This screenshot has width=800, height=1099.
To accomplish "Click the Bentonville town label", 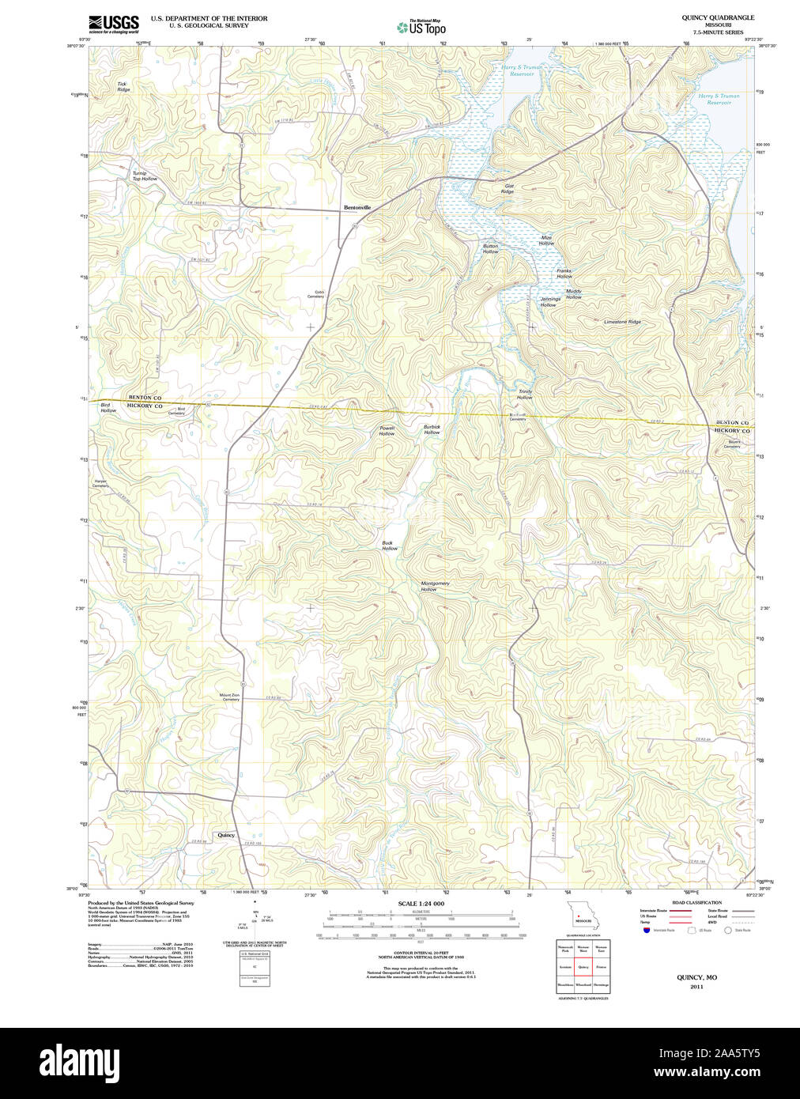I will [x=357, y=208].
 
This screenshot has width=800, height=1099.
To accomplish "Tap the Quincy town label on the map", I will [x=226, y=835].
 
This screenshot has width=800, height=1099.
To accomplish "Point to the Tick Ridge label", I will [x=123, y=87].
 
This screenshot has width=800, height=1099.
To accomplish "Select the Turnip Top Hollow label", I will [x=144, y=176].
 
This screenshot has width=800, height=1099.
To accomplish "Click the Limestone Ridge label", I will [x=622, y=322].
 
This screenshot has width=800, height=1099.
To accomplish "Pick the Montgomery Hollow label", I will [x=434, y=586].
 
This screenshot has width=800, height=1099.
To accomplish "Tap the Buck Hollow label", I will [x=389, y=546].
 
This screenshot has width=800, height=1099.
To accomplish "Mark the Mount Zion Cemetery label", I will [x=229, y=697].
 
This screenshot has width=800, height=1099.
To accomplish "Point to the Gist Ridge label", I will [x=508, y=189].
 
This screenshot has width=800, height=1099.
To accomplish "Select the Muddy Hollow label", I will [x=573, y=294].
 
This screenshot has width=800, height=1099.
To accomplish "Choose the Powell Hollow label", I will [x=387, y=431].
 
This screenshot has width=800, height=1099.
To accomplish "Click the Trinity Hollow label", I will [x=525, y=395].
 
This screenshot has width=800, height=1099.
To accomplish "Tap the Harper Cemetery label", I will [x=100, y=482].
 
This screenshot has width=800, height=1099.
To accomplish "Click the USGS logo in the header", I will [x=114, y=24].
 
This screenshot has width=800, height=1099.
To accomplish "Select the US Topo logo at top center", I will [x=421, y=27].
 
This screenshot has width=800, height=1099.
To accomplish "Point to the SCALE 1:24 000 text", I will [x=421, y=903].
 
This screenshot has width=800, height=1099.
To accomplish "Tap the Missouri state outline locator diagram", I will [x=582, y=916].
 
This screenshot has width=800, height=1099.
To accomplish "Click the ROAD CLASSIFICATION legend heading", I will [x=696, y=902].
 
